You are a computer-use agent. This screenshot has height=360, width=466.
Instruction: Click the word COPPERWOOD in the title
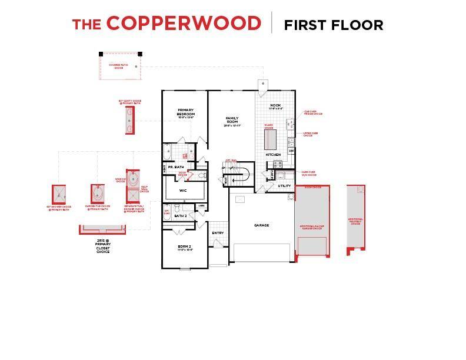pos(184,24)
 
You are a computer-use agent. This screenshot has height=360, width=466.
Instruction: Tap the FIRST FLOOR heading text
pos(334,25)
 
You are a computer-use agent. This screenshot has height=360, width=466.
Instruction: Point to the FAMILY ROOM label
pos(232,121)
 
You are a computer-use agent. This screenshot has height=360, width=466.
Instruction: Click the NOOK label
pos(276,106)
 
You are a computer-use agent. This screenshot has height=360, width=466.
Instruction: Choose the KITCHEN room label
pos(273,154)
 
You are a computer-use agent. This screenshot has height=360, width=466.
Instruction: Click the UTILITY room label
pos(285,186)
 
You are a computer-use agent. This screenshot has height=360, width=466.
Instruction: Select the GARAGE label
pos(261,225)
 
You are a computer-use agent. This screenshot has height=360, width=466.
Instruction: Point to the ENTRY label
pos(218,233)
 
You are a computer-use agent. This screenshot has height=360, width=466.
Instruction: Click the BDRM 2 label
pos(185,247)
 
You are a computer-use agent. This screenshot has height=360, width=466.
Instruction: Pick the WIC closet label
pos(183,191)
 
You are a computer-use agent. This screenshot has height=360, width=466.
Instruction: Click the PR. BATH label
pos(175,168)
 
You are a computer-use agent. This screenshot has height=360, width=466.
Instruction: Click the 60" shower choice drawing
pos(59,194)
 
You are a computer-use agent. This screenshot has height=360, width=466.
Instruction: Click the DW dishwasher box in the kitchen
pos(291,151)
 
